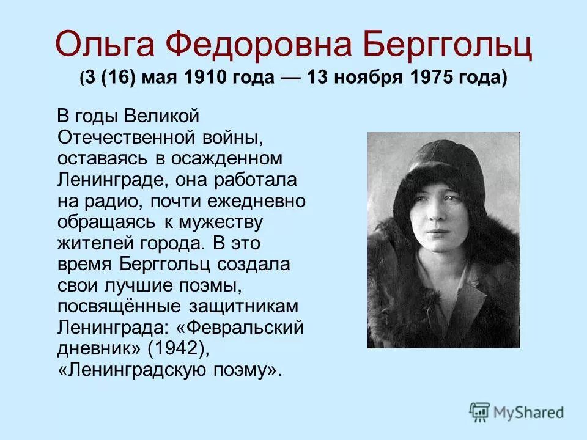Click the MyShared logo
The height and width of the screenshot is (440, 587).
[x=516, y=411]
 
